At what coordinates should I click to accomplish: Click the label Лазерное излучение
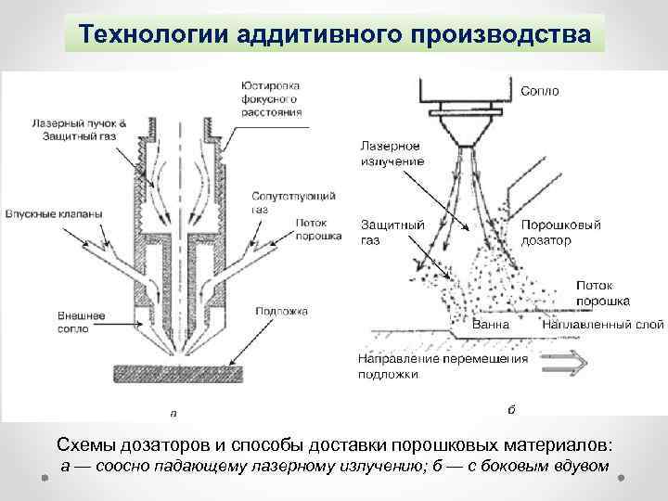point(391,154)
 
